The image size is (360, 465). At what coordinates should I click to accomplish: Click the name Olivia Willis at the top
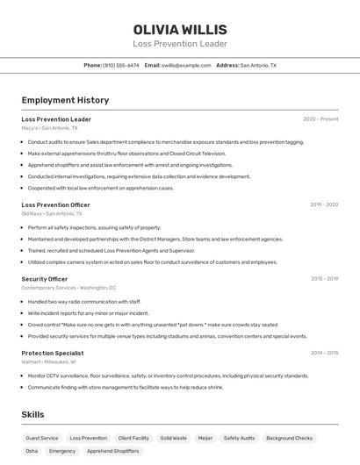pos(180,30)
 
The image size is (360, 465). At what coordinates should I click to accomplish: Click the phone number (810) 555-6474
pos(120,65)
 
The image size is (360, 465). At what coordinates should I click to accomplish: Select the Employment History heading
pos(65,100)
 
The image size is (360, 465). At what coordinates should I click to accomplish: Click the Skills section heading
pos(33,414)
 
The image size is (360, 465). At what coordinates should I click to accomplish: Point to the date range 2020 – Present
pos(320,119)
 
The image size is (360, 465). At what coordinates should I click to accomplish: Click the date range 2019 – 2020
pos(323,204)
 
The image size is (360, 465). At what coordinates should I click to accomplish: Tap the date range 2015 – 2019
pos(324,279)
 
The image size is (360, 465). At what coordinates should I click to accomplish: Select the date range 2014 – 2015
pos(324,353)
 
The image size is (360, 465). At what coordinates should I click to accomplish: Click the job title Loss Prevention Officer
pos(55,204)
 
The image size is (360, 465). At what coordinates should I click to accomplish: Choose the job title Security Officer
pos(45,279)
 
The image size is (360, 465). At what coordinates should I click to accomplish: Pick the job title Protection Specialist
pos(53,353)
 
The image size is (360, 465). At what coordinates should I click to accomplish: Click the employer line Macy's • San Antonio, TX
pos(49,128)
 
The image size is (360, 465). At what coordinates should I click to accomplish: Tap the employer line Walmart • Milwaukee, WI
pos(48,361)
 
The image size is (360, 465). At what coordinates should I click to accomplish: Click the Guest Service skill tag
pos(42,438)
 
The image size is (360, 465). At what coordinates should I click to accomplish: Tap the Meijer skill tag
pos(205,438)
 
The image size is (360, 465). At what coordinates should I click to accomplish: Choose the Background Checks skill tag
pos(289,438)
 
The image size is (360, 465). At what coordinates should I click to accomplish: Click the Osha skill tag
pos(32,451)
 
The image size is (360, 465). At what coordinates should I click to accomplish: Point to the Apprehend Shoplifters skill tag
pos(113,451)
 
